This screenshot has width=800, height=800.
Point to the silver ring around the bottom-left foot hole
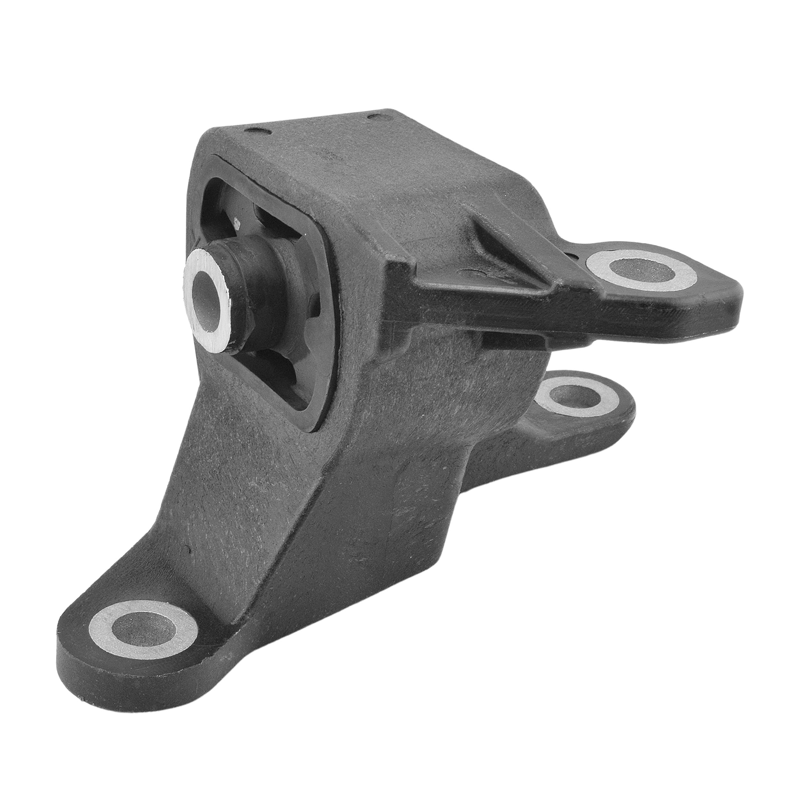[x=103, y=626]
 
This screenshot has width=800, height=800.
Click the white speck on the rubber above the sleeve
[x=237, y=224]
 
